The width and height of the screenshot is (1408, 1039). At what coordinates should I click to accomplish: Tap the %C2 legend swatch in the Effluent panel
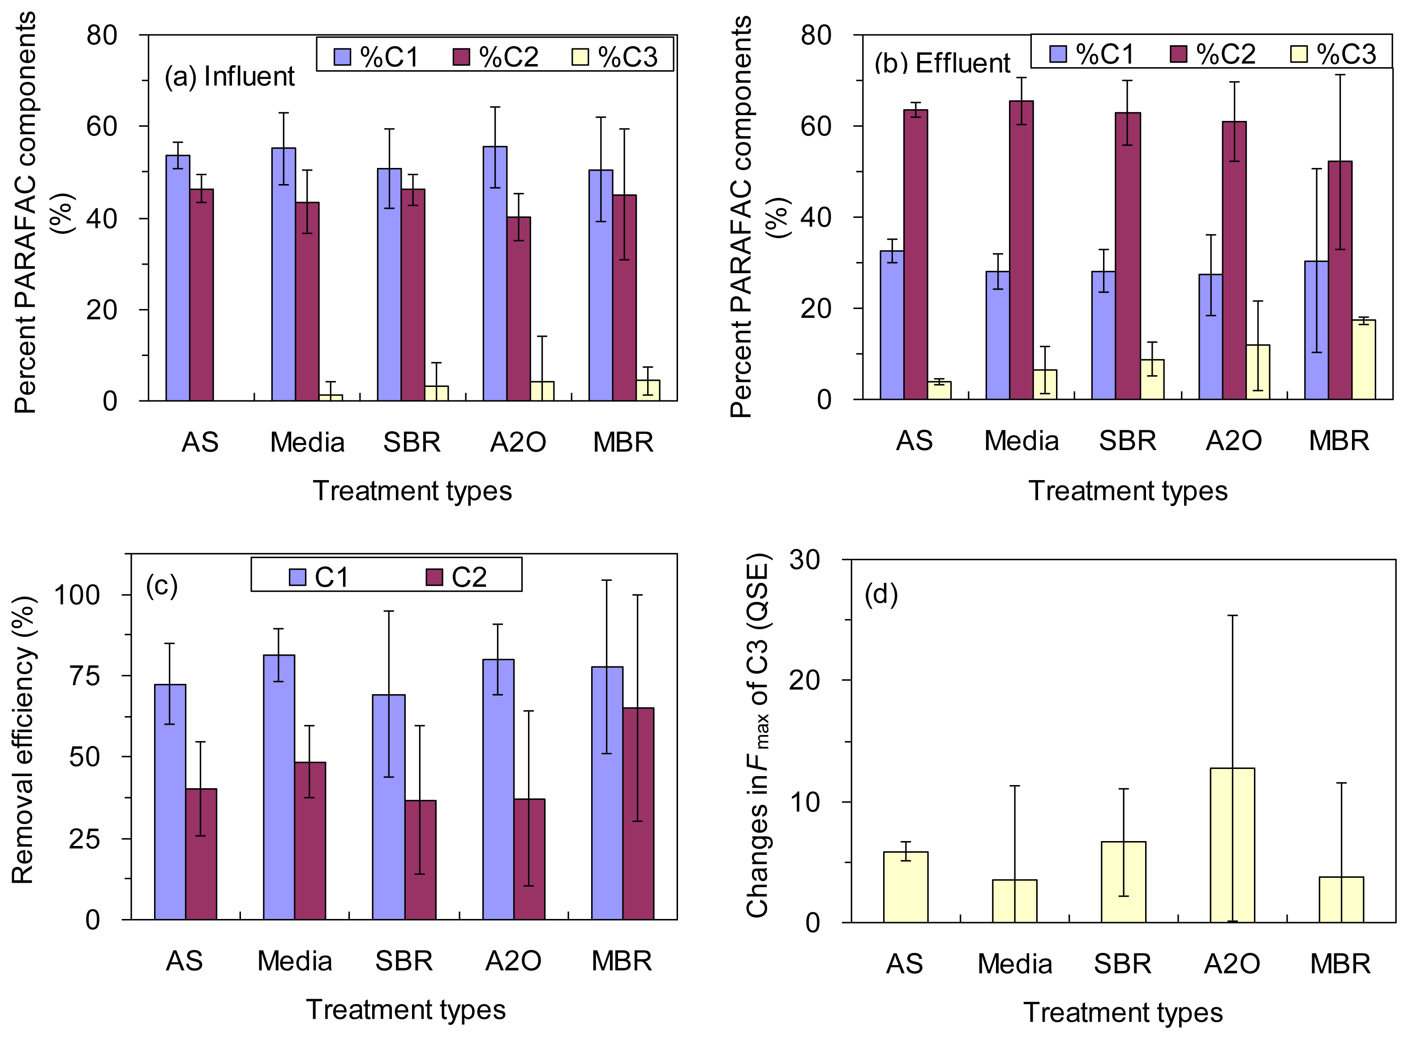(x=1178, y=54)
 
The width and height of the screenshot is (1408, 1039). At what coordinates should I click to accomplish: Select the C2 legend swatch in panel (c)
(x=434, y=577)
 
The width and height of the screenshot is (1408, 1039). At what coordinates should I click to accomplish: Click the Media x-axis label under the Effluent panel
(x=1021, y=441)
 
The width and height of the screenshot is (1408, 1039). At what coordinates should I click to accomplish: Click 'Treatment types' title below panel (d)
(x=1122, y=1013)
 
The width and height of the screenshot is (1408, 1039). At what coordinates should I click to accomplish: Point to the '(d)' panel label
(x=880, y=594)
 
